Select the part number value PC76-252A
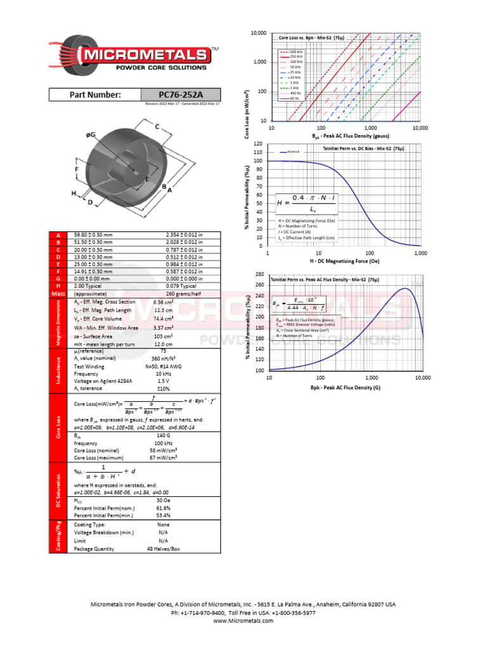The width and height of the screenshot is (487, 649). click(x=181, y=94)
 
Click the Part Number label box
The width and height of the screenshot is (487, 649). click(x=95, y=94)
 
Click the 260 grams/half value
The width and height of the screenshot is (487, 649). click(x=181, y=294)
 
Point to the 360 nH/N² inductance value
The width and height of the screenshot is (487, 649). click(x=163, y=358)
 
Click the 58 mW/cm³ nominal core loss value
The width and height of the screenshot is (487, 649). click(x=163, y=449)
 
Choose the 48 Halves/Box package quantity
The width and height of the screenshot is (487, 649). click(x=163, y=549)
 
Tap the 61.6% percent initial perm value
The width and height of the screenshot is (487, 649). click(x=163, y=508)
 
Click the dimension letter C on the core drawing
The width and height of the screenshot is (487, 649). click(x=157, y=127)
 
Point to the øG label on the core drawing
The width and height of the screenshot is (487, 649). click(x=91, y=135)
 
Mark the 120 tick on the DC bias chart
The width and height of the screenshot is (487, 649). click(x=258, y=144)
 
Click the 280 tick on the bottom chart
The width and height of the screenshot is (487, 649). click(x=259, y=274)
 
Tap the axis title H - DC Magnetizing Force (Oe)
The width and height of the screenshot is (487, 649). click(x=345, y=261)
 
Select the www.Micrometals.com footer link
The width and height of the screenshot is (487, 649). click(x=243, y=621)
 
